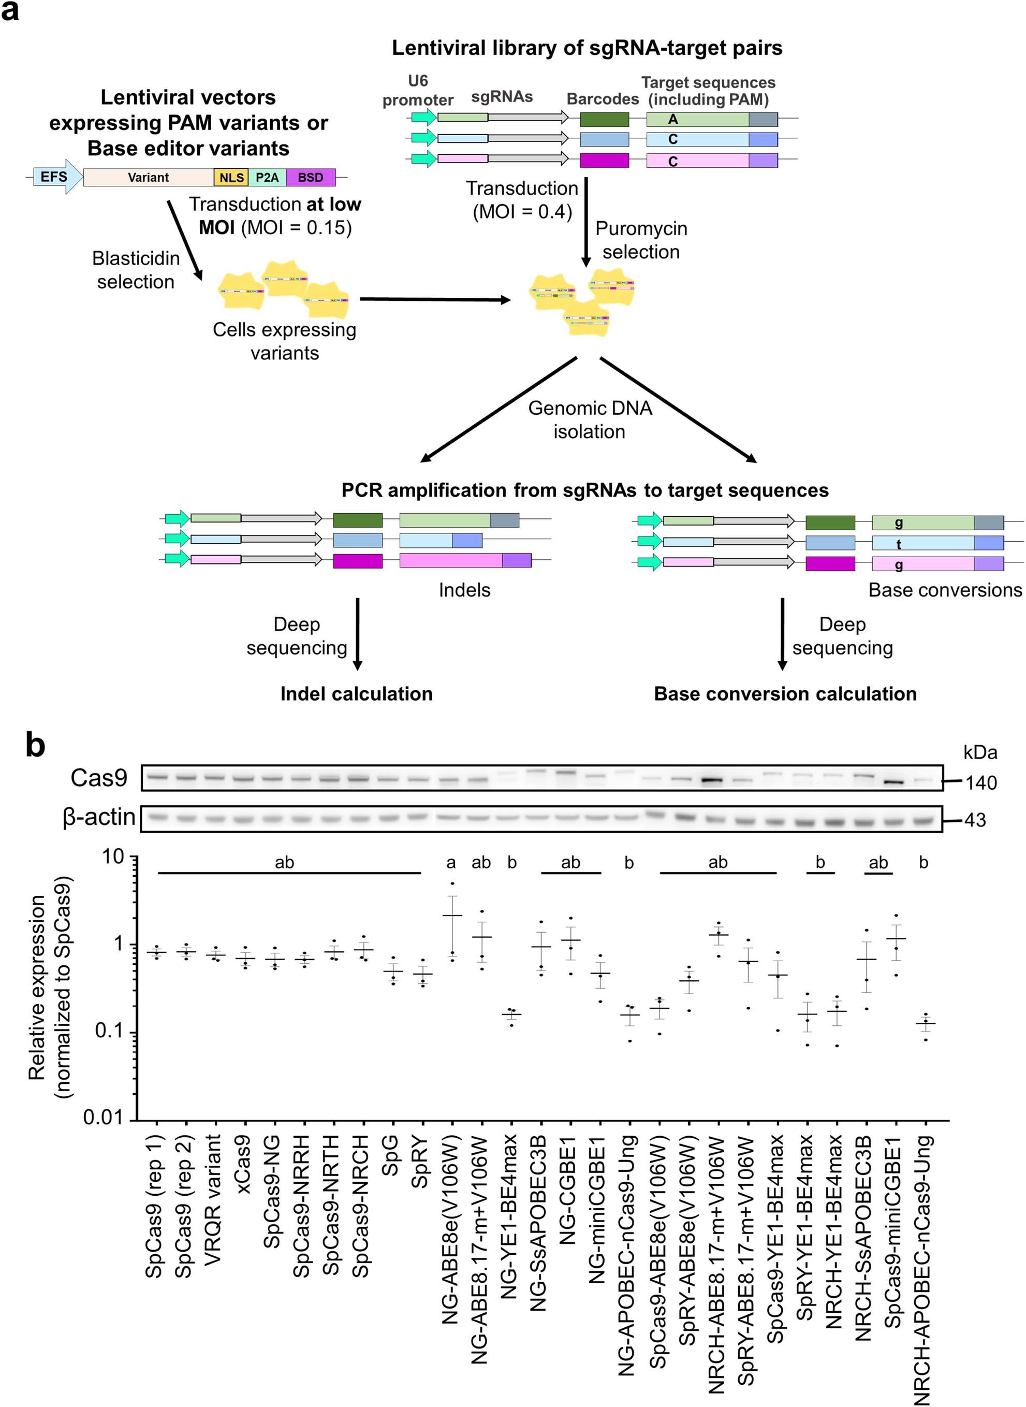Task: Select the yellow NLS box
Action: (x=231, y=178)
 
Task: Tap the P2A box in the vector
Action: (x=267, y=178)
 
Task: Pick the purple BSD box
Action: (x=311, y=178)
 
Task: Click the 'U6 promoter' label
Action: (x=417, y=91)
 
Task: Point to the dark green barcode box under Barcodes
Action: (x=604, y=119)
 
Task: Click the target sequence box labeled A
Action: (x=697, y=119)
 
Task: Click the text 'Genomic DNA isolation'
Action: (x=590, y=419)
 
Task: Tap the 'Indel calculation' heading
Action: (x=357, y=694)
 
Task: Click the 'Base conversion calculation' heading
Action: (x=785, y=694)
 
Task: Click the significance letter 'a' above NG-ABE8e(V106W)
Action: (x=451, y=863)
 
